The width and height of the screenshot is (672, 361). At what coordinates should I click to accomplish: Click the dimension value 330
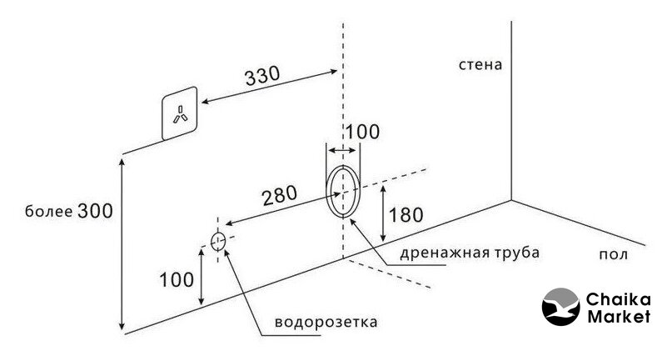tap(262, 76)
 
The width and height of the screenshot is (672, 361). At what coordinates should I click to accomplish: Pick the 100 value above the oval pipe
tap(362, 131)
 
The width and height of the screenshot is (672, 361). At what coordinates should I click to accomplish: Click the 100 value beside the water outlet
tap(175, 279)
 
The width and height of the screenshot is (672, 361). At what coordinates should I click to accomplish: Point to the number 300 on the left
tap(96, 211)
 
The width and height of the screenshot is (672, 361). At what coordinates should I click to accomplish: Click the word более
tap(48, 212)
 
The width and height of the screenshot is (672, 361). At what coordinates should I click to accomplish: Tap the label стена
tap(480, 63)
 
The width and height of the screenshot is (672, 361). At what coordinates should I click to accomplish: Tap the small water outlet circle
tap(218, 242)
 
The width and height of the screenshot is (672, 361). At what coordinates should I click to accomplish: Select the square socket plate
tap(180, 113)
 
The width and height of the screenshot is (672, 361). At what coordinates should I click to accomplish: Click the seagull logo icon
tap(561, 307)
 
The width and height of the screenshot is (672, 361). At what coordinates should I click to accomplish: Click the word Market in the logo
tap(618, 317)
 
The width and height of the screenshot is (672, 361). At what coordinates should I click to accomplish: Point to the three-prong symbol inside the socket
tap(180, 115)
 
